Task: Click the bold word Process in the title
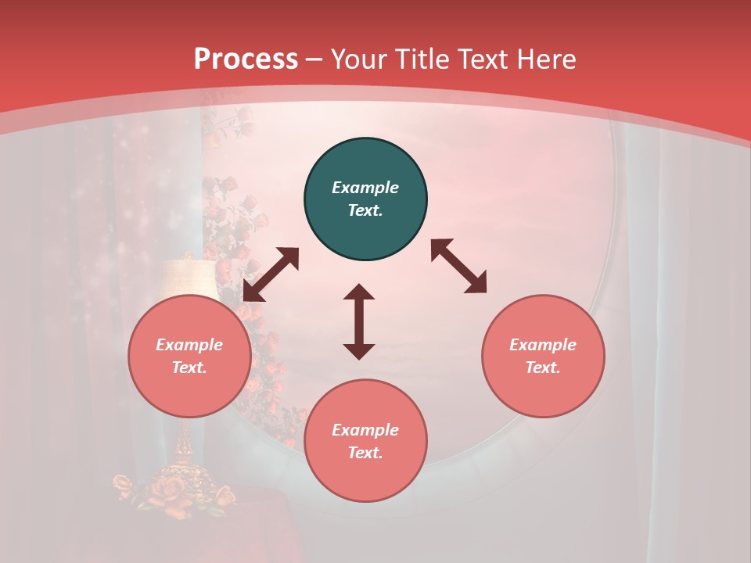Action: point(246,59)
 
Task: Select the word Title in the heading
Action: point(421,59)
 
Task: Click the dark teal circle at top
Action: point(365,199)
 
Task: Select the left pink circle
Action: point(189,357)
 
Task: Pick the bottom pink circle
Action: point(365,441)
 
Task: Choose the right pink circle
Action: point(543,357)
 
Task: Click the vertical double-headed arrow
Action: point(359,321)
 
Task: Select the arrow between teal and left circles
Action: point(271,274)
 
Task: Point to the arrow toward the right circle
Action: point(458,267)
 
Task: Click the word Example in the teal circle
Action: point(365,188)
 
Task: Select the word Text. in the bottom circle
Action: point(365,453)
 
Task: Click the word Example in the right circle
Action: point(543,345)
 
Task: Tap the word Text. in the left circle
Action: point(189,368)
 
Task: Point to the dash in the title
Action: point(314,59)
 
